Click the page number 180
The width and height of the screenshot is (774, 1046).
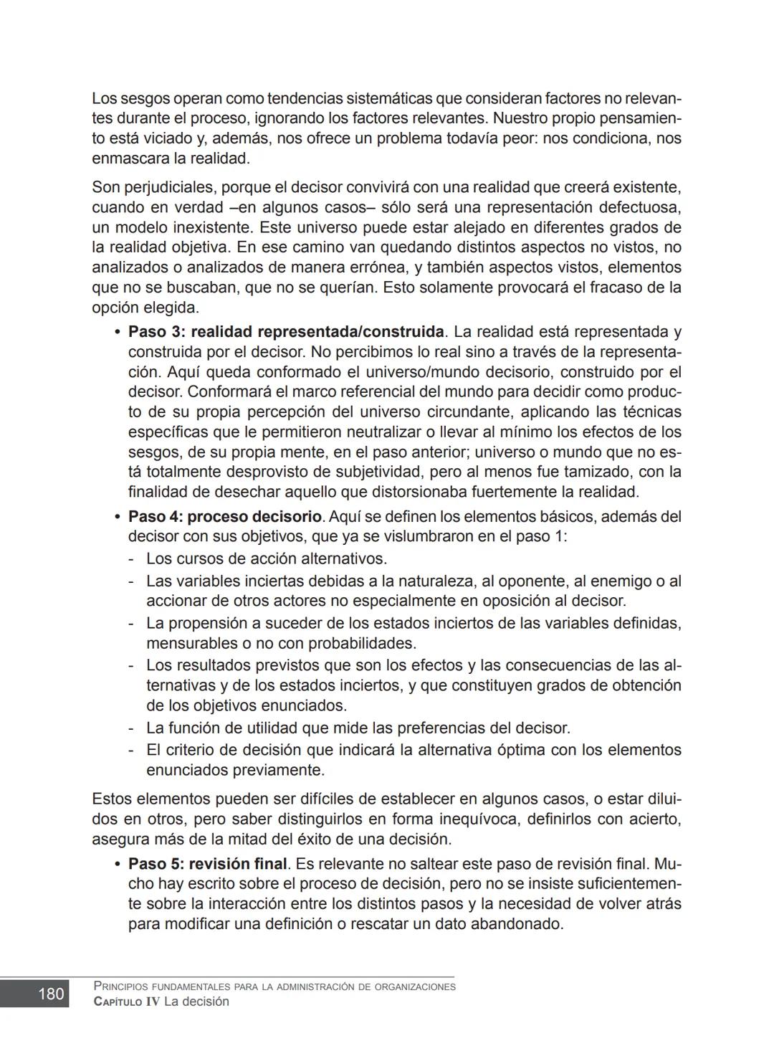click(50, 994)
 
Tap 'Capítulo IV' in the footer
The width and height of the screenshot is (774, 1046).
click(127, 1002)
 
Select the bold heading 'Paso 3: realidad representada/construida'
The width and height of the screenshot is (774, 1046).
click(286, 332)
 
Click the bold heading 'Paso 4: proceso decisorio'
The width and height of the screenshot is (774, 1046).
click(224, 517)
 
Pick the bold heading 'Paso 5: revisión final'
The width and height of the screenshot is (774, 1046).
click(207, 864)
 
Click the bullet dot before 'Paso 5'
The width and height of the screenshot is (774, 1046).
click(117, 865)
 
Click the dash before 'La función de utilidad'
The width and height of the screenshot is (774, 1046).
click(132, 728)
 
